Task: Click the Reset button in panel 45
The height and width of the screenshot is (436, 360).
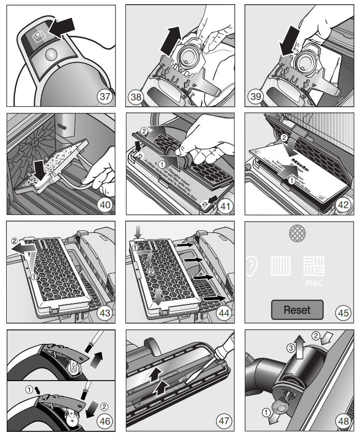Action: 297,310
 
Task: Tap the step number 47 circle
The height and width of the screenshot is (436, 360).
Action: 223,422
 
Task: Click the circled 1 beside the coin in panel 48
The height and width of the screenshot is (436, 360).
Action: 266,413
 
